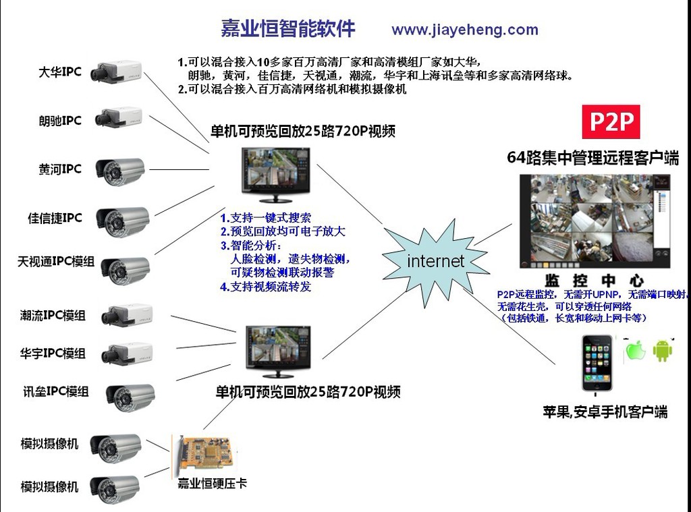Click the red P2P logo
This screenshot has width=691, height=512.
611,121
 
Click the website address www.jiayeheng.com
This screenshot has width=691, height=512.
465,30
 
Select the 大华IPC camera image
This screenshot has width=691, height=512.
116,72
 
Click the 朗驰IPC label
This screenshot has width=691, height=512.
60,120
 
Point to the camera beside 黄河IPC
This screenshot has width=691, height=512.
120,171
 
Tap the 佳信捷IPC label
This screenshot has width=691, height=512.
55,218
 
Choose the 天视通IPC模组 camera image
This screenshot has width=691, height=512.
126,269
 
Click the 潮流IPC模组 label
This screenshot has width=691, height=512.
53,315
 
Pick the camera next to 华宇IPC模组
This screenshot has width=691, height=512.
127,353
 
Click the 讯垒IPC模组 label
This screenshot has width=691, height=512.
56,391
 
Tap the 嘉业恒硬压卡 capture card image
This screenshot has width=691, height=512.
204,455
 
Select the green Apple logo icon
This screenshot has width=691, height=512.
635,351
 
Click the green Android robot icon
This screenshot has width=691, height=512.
663,350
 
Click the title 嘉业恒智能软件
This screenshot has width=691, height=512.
287,28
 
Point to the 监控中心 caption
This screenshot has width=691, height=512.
594,280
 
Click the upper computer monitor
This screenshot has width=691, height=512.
276,175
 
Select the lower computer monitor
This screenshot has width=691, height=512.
278,351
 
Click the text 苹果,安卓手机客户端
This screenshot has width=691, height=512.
605,412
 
